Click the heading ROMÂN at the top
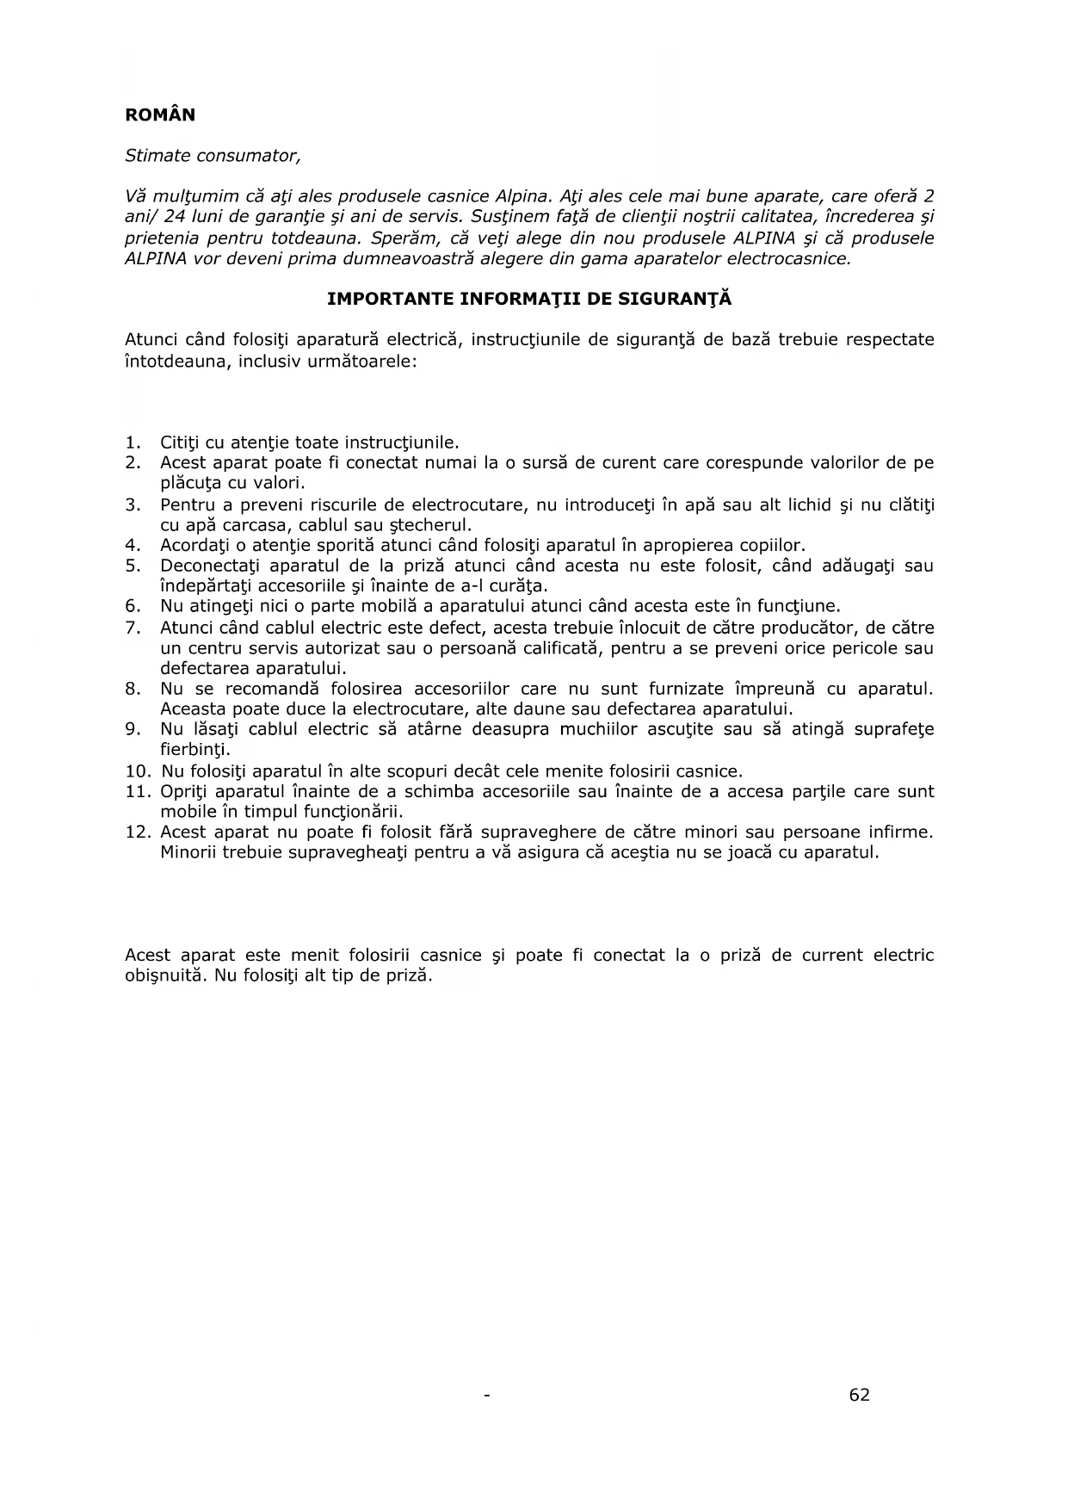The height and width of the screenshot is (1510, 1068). click(160, 115)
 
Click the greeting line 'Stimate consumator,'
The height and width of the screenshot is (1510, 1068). click(213, 156)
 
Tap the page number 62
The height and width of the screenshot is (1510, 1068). click(859, 1396)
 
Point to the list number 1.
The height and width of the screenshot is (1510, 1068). click(132, 442)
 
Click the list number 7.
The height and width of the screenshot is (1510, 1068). click(132, 628)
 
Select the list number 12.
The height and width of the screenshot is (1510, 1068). click(136, 832)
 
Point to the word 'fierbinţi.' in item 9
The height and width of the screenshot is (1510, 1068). click(195, 750)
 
